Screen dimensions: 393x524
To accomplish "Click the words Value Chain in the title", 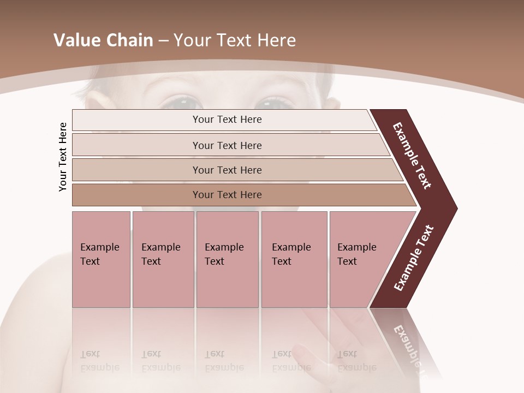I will click(x=103, y=40).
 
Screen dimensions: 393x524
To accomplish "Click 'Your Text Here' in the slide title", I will click(x=235, y=40).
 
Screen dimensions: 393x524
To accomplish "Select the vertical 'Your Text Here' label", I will click(x=63, y=157).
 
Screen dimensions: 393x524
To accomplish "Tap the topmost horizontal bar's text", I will click(x=227, y=120).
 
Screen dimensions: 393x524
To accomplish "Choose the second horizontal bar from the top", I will click(x=227, y=145).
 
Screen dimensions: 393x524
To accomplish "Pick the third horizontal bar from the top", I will click(x=227, y=170).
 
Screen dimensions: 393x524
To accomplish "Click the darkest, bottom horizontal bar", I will click(x=227, y=195).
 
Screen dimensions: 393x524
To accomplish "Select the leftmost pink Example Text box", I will click(x=101, y=259).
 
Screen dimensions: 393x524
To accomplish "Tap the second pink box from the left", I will click(x=163, y=259).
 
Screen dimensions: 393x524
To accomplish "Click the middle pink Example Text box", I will click(x=227, y=259).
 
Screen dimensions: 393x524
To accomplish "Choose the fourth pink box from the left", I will click(x=294, y=259).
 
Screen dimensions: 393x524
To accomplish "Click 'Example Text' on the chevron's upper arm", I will click(x=412, y=156).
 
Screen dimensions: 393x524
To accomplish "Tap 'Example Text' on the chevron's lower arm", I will click(x=414, y=258).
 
